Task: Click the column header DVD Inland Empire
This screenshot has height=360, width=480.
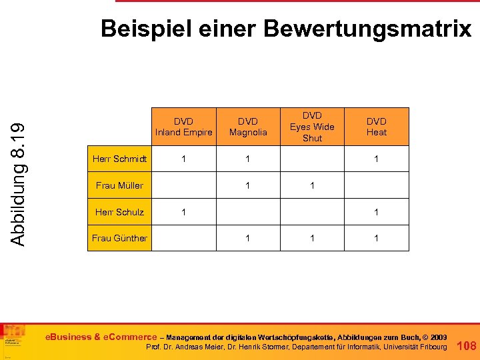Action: pos(183,127)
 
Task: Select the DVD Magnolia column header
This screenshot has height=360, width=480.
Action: pos(248,127)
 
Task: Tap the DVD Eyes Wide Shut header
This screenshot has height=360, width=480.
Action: pos(312,127)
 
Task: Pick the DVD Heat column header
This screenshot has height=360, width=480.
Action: pos(376,127)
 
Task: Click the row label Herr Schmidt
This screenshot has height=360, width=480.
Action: pos(120,159)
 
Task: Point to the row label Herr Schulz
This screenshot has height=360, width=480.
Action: pos(120,212)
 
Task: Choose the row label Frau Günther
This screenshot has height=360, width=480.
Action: pos(120,238)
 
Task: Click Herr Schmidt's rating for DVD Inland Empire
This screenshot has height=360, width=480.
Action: pos(183,159)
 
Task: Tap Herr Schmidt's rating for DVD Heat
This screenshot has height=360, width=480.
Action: pos(376,159)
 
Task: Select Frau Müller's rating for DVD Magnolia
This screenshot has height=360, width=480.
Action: pos(248,185)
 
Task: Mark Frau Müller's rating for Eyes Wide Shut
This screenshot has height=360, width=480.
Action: pos(312,185)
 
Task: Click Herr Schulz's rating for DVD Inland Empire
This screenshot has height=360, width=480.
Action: pos(183,212)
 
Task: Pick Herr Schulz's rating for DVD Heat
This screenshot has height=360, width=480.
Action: pos(376,212)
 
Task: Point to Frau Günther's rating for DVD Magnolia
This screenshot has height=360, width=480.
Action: pos(248,238)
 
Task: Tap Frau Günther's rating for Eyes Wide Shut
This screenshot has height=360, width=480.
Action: pos(312,238)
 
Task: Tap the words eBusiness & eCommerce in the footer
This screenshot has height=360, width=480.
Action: pos(101,337)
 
